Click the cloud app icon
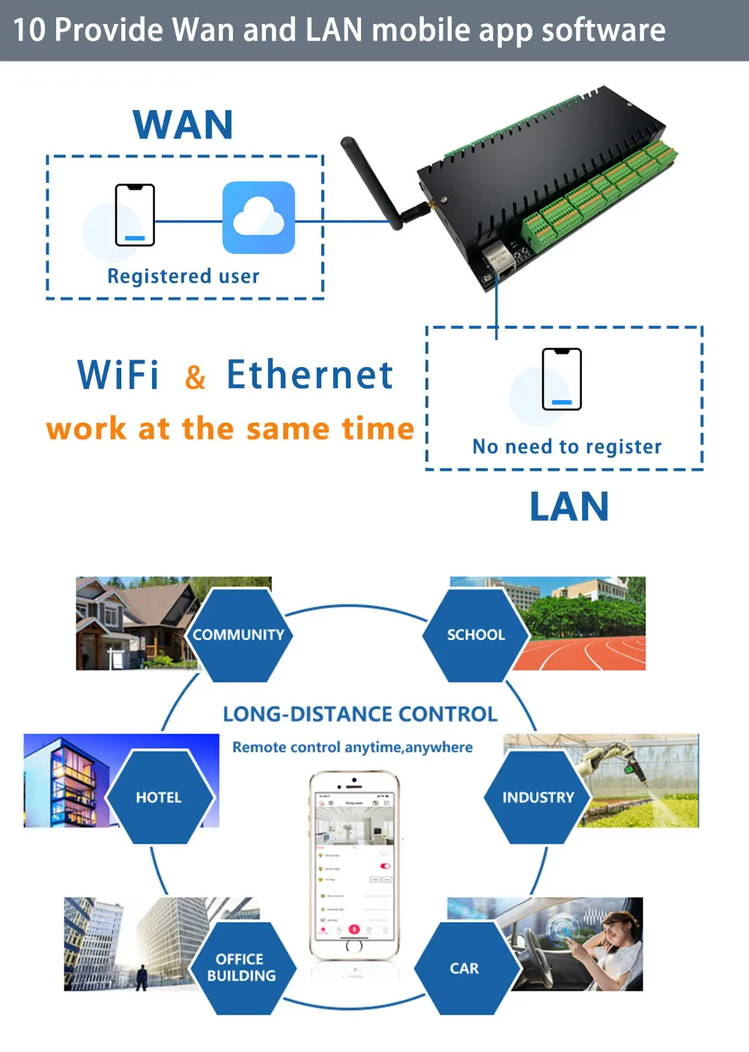pos(258,217)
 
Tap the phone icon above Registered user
pos(135,215)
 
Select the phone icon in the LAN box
pos(562,379)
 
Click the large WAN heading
pos(183,124)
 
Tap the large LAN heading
pos(569,507)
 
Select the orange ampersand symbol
pos(195,377)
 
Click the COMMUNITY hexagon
pos(238,635)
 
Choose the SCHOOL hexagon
pos(476,635)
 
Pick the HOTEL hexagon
pos(159,797)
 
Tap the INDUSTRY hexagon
pos(538,797)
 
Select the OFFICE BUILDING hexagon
pos(241,967)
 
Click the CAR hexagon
pos(464,968)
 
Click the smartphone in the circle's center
pos(354,865)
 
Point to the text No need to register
pos(567,447)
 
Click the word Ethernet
pos(309,375)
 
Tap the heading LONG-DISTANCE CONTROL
pos(360,714)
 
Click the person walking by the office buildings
pos(142,977)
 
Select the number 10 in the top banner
pos(29,30)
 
